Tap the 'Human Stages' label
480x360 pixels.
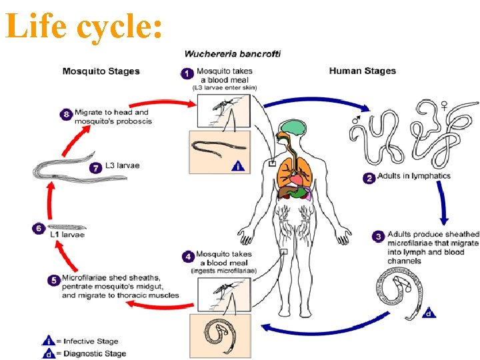tap(363, 71)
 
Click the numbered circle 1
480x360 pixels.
tap(188, 73)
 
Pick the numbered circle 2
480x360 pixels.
tap(369, 177)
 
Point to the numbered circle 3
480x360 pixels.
tap(378, 237)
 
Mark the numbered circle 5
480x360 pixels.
tap(53, 280)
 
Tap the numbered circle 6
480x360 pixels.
tap(39, 228)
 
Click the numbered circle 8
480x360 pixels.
tap(66, 115)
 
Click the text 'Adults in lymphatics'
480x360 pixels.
tap(414, 177)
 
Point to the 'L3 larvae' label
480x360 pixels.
tap(121, 165)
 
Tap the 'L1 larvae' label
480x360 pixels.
tap(67, 235)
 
